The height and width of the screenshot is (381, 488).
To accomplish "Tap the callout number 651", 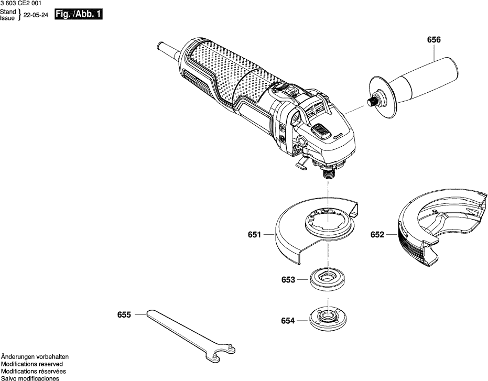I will (x=254, y=235).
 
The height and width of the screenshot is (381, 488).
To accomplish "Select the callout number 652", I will (x=377, y=235).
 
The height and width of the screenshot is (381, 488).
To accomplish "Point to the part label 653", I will (x=288, y=280).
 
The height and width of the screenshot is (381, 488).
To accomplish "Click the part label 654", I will (x=288, y=321).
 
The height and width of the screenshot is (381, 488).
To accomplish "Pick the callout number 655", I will (x=124, y=315).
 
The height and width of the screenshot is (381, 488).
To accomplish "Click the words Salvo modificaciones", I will (x=30, y=378).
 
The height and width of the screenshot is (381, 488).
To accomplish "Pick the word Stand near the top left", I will (x=8, y=12).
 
